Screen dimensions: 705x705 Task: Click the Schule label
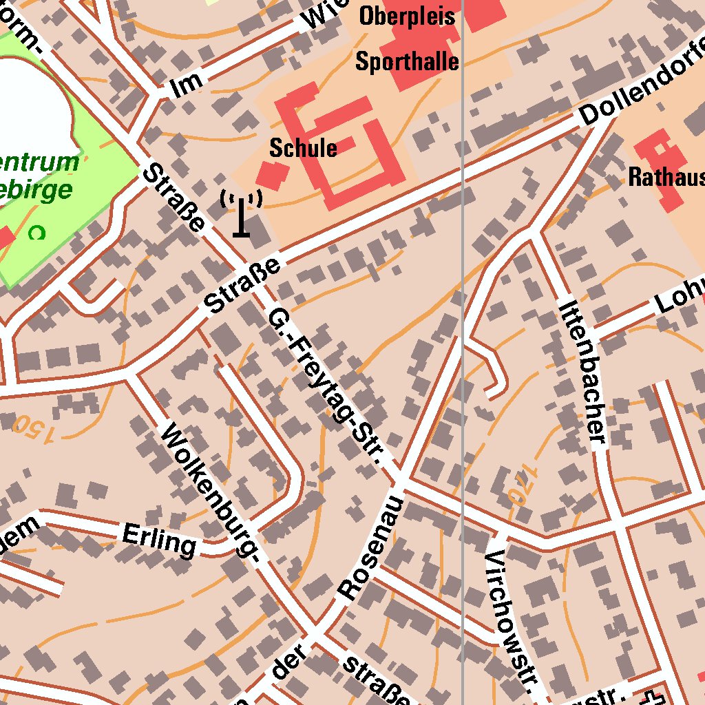pos(303,148)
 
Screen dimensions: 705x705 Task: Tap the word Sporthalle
pos(407,62)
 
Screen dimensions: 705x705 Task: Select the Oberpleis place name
pos(407,16)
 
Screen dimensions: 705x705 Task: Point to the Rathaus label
pos(666,178)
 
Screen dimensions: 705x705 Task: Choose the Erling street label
pos(159,539)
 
